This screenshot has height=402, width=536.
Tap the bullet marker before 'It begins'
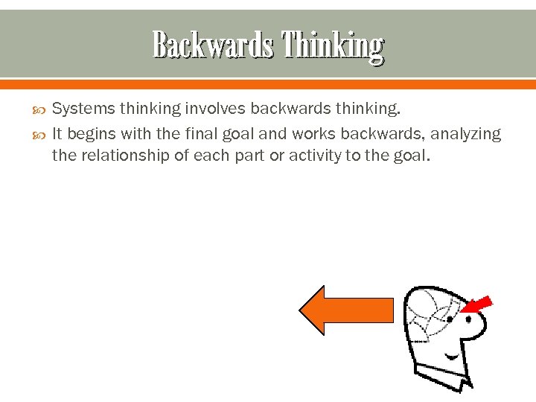[40, 135]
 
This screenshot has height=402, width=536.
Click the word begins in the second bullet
[89, 134]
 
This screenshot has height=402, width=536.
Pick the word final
[201, 134]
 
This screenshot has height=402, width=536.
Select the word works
[313, 134]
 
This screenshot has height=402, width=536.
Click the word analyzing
[466, 134]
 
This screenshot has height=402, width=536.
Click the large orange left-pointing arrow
[346, 310]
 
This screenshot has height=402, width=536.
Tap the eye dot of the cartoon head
[449, 319]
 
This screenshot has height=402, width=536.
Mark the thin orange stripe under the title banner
[268, 83]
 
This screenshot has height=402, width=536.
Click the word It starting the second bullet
[57, 134]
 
